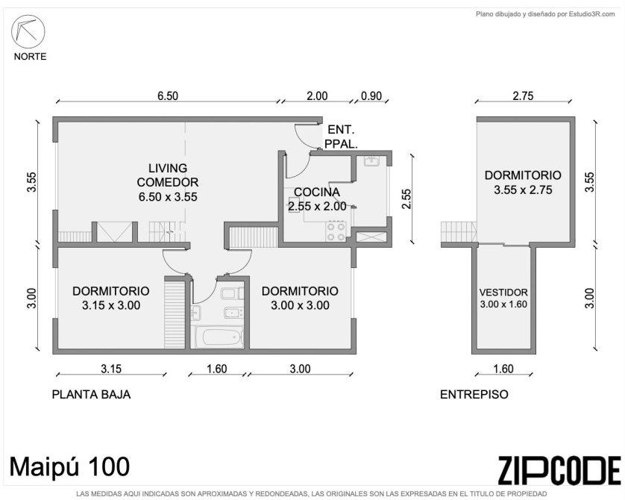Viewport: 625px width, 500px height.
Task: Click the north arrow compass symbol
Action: tap(28, 31)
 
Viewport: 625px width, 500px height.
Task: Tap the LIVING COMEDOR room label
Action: tap(167, 175)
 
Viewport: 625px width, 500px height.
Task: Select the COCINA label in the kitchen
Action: tap(317, 193)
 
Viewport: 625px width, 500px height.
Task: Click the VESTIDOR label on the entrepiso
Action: tap(503, 293)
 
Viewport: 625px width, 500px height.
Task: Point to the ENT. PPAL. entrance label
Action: tap(341, 137)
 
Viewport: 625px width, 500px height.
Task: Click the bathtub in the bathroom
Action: tap(217, 337)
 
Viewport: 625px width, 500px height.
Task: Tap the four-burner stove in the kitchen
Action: tap(336, 231)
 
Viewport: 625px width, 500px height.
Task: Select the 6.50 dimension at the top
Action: tap(168, 96)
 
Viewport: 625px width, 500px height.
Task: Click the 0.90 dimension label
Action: tap(371, 96)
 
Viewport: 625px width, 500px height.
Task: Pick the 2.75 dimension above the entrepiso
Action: tap(523, 96)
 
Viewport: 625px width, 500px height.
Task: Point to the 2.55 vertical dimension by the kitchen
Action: tap(406, 199)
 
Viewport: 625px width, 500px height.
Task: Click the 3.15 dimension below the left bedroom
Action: tap(111, 369)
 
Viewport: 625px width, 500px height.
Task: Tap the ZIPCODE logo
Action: tap(559, 470)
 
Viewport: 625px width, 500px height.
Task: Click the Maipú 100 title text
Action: tap(70, 466)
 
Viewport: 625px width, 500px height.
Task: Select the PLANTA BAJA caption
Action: tap(91, 394)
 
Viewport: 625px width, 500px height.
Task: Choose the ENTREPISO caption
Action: tap(474, 394)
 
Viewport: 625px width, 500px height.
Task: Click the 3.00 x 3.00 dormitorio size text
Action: tap(300, 305)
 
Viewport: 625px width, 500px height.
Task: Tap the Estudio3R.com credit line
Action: tap(545, 14)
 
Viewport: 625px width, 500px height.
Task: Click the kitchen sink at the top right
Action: tap(372, 161)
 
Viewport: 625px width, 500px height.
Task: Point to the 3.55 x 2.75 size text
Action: tap(523, 190)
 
